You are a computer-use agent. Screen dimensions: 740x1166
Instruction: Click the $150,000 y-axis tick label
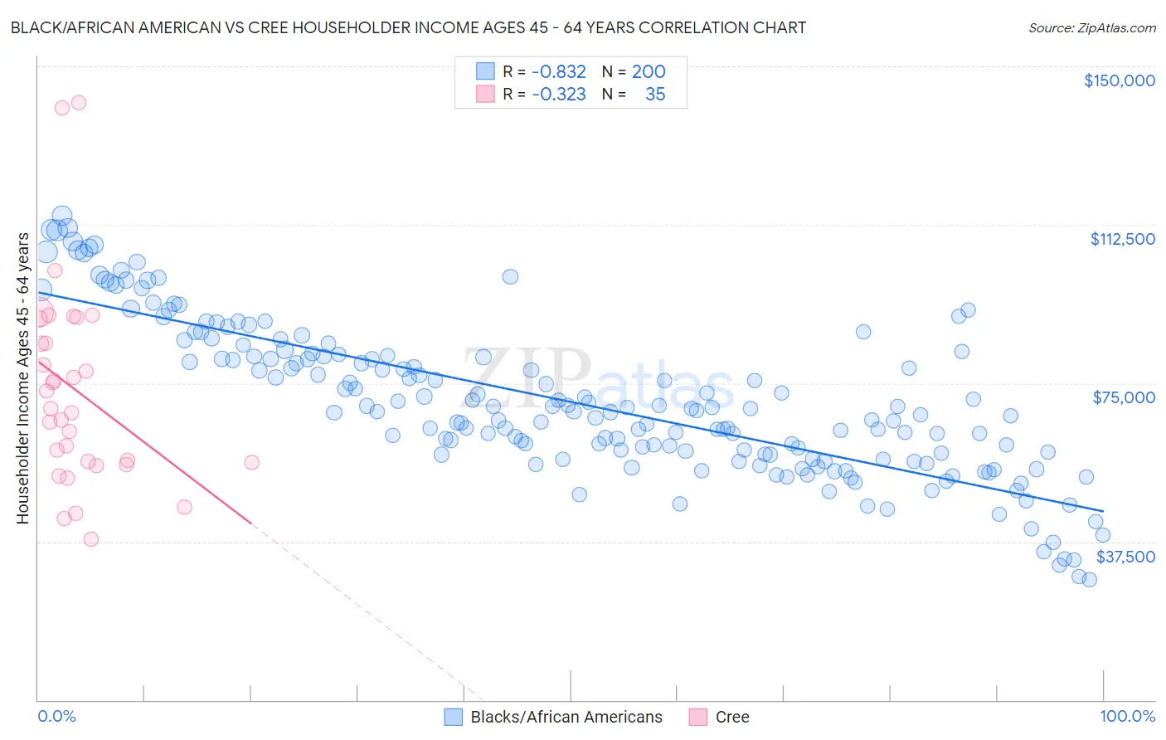(x=1119, y=80)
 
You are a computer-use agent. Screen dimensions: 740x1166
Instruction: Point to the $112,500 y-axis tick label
(x=1122, y=239)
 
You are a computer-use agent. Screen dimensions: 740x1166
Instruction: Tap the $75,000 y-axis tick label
(x=1123, y=397)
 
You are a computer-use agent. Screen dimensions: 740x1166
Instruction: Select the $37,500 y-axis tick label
(x=1125, y=557)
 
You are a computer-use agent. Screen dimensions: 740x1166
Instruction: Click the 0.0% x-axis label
(x=56, y=717)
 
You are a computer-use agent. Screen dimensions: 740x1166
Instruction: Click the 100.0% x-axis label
(x=1127, y=717)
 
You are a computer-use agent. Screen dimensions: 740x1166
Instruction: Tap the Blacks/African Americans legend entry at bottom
(x=566, y=717)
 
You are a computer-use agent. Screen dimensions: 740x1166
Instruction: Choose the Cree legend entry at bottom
(x=731, y=717)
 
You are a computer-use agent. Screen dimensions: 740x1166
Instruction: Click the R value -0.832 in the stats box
(x=558, y=71)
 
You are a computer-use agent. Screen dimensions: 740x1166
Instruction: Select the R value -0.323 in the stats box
(x=558, y=94)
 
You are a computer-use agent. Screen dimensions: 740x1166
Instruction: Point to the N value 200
(x=649, y=71)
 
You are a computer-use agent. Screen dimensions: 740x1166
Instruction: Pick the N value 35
(x=655, y=94)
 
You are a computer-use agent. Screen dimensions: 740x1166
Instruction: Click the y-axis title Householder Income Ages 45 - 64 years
(x=22, y=378)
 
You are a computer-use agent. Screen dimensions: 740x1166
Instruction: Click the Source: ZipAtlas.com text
(x=1091, y=27)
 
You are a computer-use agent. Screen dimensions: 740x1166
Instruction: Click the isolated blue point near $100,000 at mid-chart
(x=510, y=276)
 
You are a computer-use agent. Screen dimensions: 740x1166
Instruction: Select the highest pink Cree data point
(x=79, y=103)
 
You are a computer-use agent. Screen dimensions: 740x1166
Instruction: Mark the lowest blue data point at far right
(x=1089, y=579)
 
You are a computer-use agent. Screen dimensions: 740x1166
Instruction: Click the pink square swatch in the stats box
(x=485, y=94)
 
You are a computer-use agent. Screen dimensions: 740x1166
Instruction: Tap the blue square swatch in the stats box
(x=485, y=71)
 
